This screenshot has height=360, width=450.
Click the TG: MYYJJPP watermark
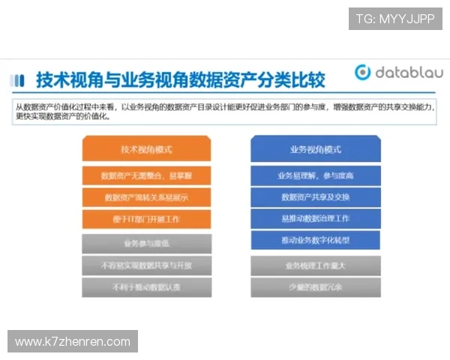pos(395,18)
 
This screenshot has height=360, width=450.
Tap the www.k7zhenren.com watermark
pos(73,342)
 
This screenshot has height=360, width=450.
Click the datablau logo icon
pos(364,73)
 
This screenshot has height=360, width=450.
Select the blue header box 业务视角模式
pos(316,149)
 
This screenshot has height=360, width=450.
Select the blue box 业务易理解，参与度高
pos(316,175)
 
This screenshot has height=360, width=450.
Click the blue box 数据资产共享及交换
pos(316,197)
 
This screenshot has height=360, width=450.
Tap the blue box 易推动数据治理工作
pos(316,219)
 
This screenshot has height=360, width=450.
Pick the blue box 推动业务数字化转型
pos(316,241)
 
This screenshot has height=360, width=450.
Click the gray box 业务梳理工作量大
pos(316,265)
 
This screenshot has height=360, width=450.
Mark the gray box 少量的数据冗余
pos(316,287)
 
